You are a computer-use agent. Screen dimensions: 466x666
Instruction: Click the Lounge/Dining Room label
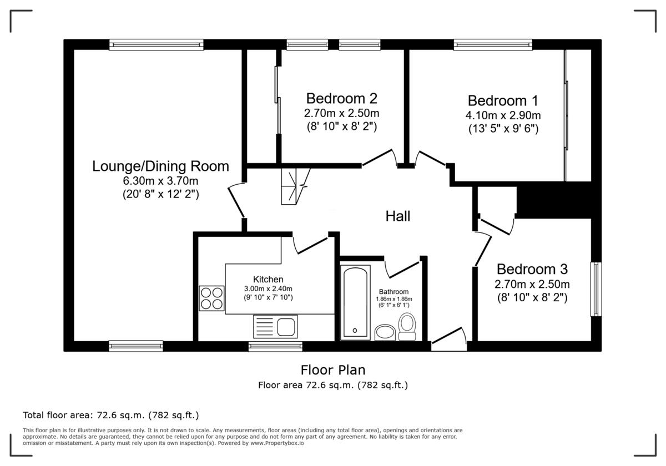pyautogui.click(x=160, y=166)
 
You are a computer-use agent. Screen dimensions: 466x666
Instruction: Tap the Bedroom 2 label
pyautogui.click(x=342, y=98)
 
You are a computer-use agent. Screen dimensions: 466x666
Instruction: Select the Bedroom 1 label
pyautogui.click(x=503, y=100)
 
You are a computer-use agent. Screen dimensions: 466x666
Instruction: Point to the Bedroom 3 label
pyautogui.click(x=532, y=269)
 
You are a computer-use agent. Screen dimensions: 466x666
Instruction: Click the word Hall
pyautogui.click(x=398, y=216)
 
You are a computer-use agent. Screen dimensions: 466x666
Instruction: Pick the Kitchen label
pyautogui.click(x=268, y=279)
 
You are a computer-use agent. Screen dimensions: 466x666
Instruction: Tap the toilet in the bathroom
pyautogui.click(x=407, y=327)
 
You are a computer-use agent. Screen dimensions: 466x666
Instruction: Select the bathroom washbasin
pyautogui.click(x=384, y=332)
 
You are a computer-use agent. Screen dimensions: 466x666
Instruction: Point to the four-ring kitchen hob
pyautogui.click(x=211, y=298)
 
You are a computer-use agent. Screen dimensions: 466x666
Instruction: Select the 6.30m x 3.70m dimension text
pyautogui.click(x=160, y=181)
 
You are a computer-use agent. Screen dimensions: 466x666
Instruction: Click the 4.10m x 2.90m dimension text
pyautogui.click(x=503, y=115)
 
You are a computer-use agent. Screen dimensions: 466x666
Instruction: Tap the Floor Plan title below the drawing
pyautogui.click(x=333, y=369)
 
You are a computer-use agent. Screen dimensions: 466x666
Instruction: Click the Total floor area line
pyautogui.click(x=110, y=415)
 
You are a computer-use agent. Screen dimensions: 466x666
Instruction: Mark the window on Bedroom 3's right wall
pyautogui.click(x=596, y=289)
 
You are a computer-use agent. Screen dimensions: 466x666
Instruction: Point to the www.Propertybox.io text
pyautogui.click(x=277, y=443)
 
